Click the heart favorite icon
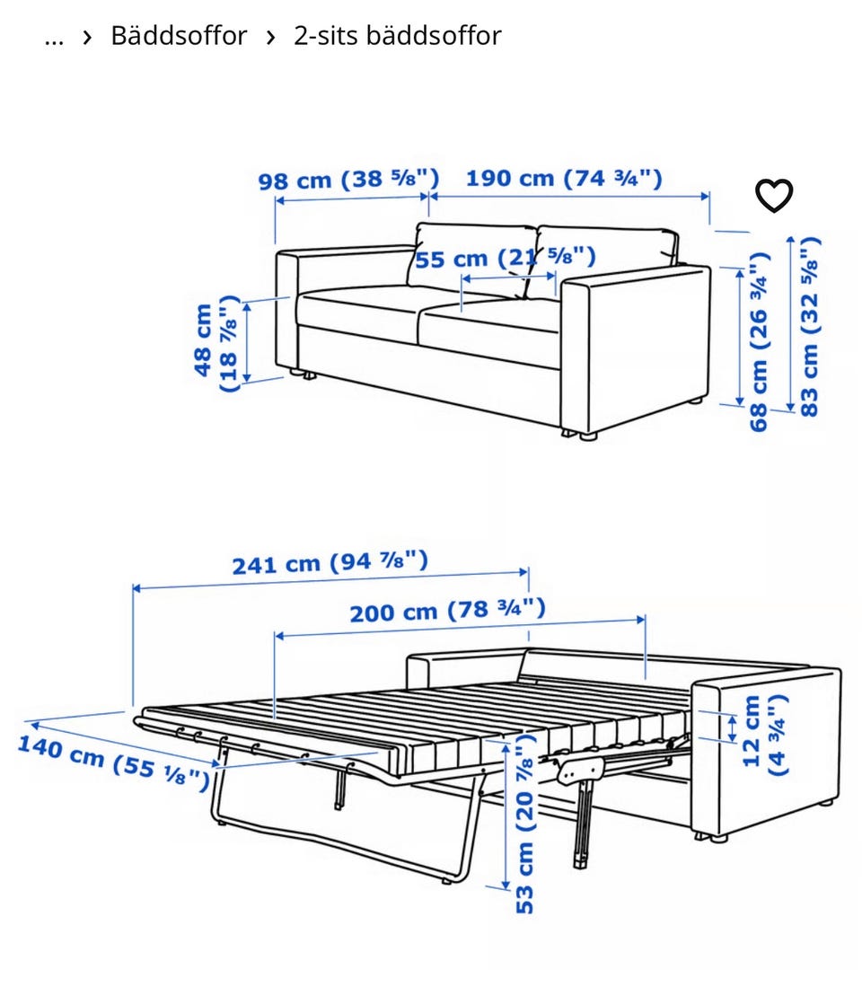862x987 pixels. [774, 196]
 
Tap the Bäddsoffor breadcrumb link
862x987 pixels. [179, 36]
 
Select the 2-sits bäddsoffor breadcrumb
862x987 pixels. [398, 36]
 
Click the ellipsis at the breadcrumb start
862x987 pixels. [54, 39]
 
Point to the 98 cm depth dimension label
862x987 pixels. [348, 180]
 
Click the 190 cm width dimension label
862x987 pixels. [564, 178]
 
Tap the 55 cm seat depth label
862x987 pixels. [505, 258]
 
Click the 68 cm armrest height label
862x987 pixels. [760, 342]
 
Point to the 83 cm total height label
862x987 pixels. [809, 326]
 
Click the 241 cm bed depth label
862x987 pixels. [330, 562]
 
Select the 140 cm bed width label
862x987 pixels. [113, 762]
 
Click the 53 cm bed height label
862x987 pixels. [524, 824]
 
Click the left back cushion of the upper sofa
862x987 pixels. [473, 260]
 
